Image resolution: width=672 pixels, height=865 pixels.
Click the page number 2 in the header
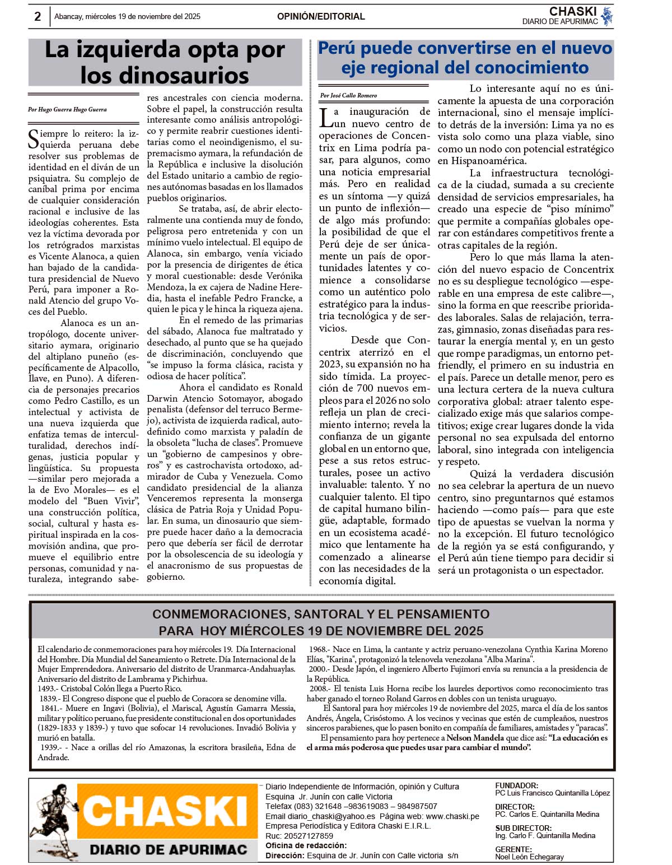pos(38,16)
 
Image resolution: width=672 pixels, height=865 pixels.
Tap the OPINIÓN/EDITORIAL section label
pos(321,17)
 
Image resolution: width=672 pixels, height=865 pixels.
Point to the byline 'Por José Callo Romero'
pos(348,95)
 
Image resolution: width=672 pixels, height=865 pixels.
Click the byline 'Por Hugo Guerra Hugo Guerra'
pos(67,110)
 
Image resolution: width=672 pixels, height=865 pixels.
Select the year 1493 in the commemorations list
pos(46,689)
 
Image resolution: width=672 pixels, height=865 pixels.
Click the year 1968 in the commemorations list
pos(318,649)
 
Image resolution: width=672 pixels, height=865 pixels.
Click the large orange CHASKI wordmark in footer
pos(166,811)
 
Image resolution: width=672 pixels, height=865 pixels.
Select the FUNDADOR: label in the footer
pos(516,785)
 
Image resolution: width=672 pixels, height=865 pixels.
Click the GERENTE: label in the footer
pos(513,849)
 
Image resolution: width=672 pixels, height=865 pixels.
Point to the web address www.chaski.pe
pos(452,816)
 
